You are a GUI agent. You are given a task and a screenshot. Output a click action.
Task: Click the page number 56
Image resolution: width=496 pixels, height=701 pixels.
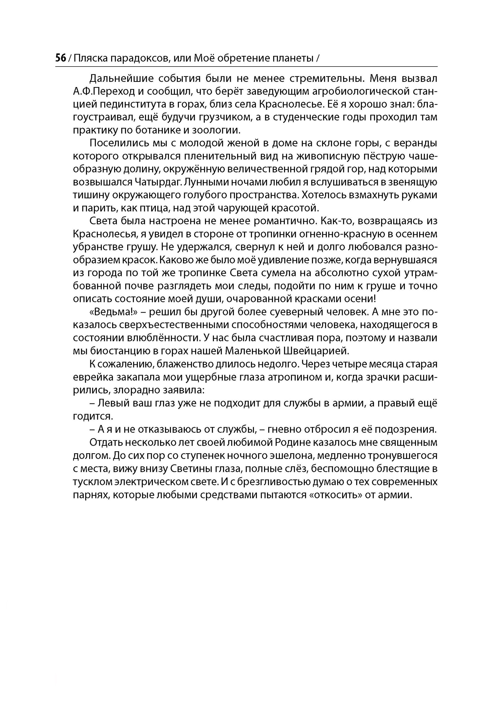[x=60, y=58]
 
